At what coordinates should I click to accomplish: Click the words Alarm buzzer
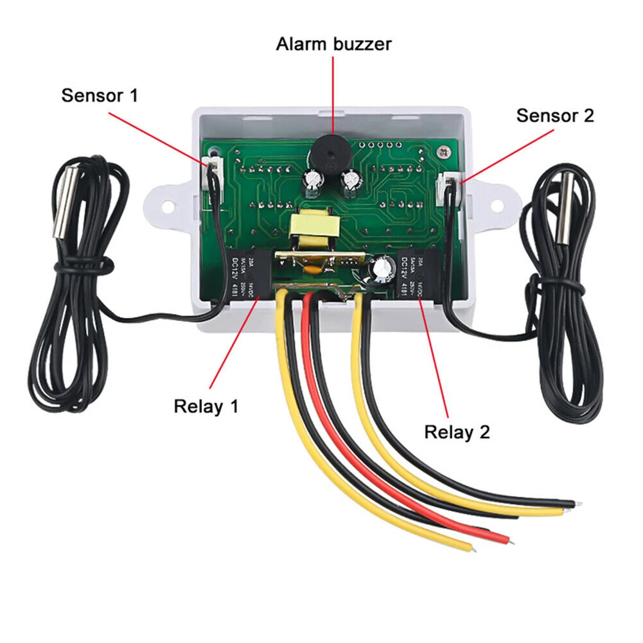coord(333,44)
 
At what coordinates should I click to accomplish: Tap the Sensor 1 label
coord(100,96)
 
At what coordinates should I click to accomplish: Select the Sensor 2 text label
coord(555,116)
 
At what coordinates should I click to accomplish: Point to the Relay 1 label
coord(206,406)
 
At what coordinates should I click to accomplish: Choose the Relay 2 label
coord(457,432)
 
